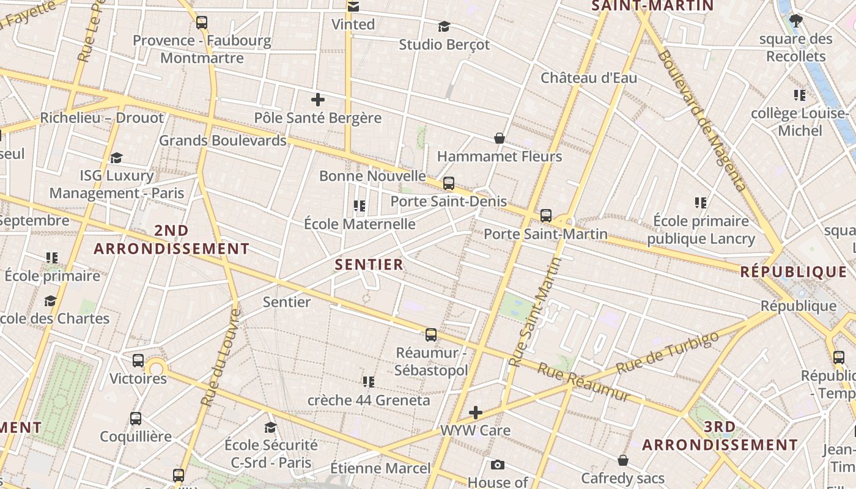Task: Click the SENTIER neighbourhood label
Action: point(369,265)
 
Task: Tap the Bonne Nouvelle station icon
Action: point(449,183)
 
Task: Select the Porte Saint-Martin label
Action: point(545,234)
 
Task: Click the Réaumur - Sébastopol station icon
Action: point(431,334)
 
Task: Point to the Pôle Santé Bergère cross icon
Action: point(318,99)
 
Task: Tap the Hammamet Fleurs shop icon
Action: point(500,138)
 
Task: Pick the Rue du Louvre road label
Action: point(220,358)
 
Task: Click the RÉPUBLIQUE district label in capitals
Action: point(793,272)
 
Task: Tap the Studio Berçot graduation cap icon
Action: point(444,26)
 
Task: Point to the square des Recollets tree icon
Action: point(795,21)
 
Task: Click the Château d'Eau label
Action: point(588,78)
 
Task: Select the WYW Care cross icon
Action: point(476,412)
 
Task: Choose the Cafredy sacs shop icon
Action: point(623,460)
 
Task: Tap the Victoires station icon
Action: point(138,360)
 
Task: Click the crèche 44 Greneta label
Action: point(368,400)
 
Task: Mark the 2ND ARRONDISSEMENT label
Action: point(171,240)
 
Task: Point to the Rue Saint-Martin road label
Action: point(536,312)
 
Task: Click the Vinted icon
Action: point(353,7)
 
